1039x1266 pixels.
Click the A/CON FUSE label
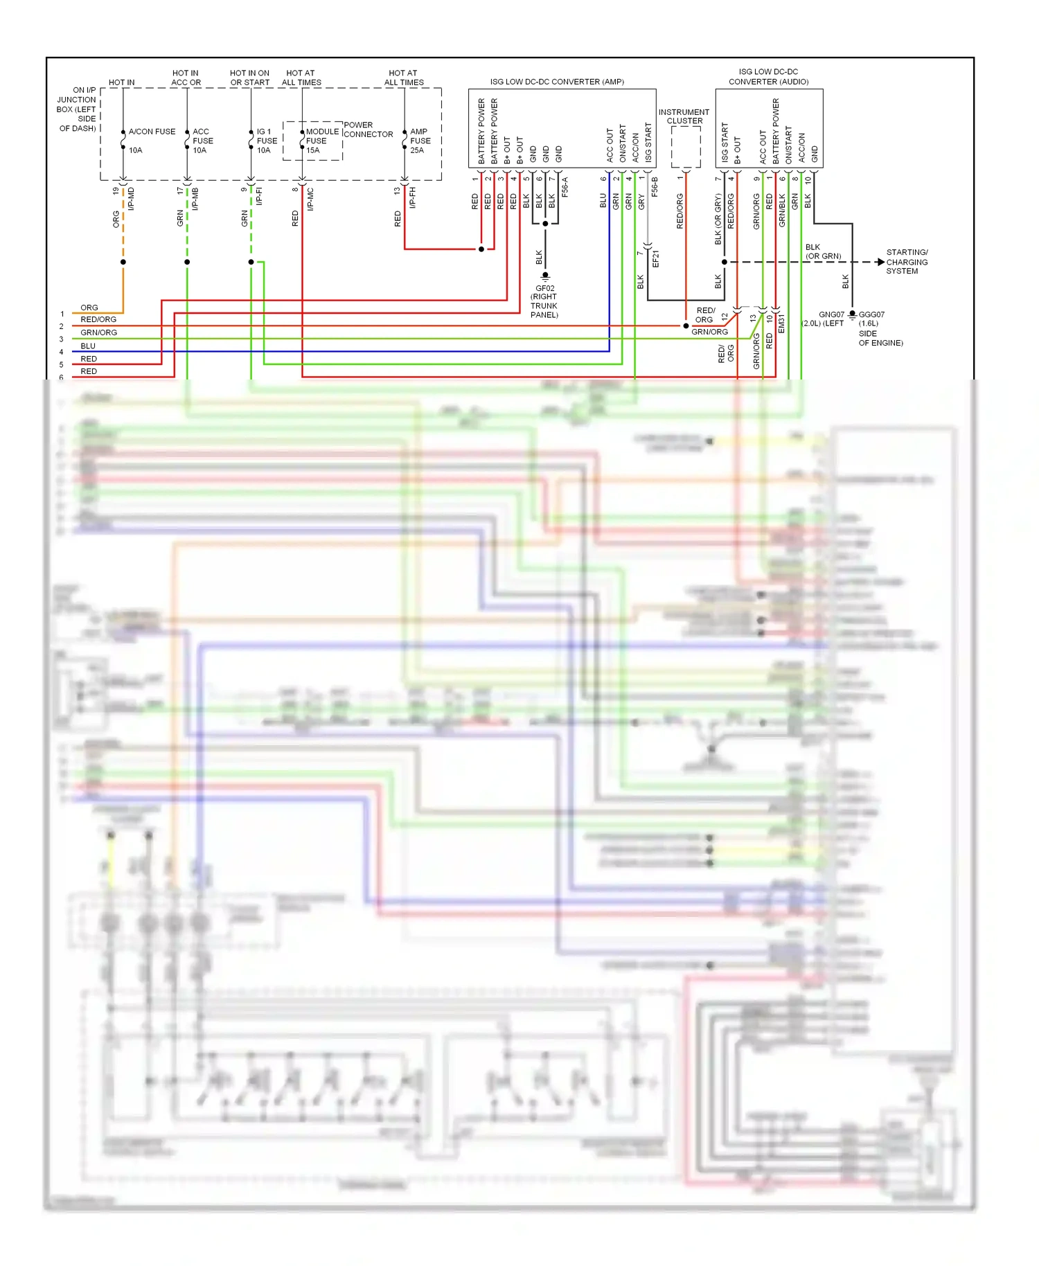coord(152,132)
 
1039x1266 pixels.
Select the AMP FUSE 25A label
coord(420,141)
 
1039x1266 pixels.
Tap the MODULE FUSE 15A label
coord(321,141)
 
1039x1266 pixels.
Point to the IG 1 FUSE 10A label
coord(267,141)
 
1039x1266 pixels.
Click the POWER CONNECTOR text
coord(368,130)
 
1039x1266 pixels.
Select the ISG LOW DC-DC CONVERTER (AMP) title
coord(557,82)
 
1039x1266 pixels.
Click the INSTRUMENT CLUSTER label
coord(684,116)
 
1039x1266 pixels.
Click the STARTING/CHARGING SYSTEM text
coord(907,262)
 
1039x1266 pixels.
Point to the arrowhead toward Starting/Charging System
coord(880,262)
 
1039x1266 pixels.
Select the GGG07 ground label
coord(871,314)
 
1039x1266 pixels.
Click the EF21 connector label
coord(655,259)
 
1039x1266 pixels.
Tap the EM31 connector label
coord(781,323)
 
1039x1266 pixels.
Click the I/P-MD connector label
coord(132,199)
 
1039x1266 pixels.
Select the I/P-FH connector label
coord(413,197)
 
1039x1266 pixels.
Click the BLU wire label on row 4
coord(88,346)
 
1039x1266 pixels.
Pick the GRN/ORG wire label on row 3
coord(98,333)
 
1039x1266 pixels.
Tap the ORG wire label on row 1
coord(89,307)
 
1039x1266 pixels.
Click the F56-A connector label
coord(565,187)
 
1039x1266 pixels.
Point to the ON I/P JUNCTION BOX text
coord(77,109)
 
